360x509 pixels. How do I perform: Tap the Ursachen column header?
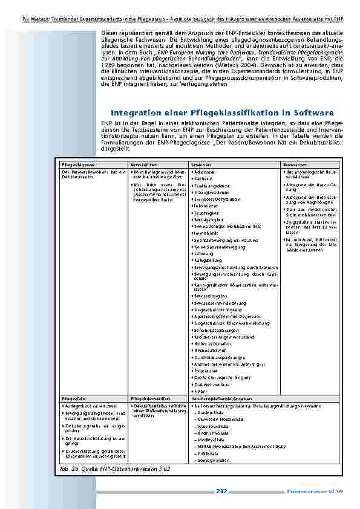click(201, 164)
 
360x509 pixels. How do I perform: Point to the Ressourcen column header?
click(295, 164)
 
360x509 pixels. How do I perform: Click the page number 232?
click(221, 491)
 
